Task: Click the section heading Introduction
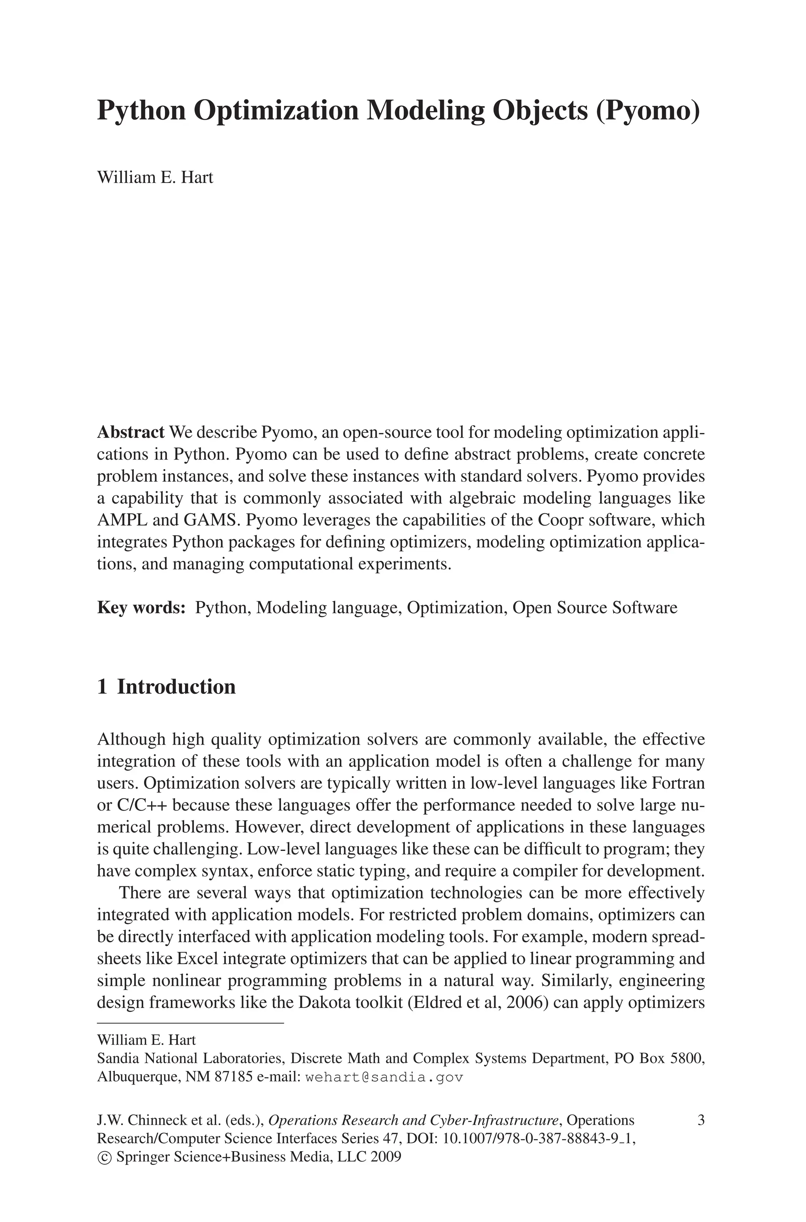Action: [x=176, y=686]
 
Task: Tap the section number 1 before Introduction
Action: [x=102, y=686]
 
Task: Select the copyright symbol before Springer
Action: [x=104, y=1157]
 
